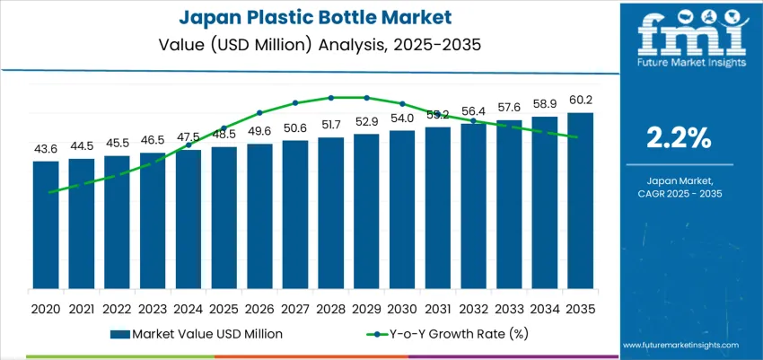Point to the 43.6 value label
click(x=46, y=148)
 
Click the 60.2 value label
click(x=580, y=100)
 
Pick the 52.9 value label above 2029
click(x=366, y=121)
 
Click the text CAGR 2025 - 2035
click(x=680, y=193)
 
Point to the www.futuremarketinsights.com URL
click(x=680, y=345)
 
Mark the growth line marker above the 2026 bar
click(x=259, y=113)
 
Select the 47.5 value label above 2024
click(x=188, y=137)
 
